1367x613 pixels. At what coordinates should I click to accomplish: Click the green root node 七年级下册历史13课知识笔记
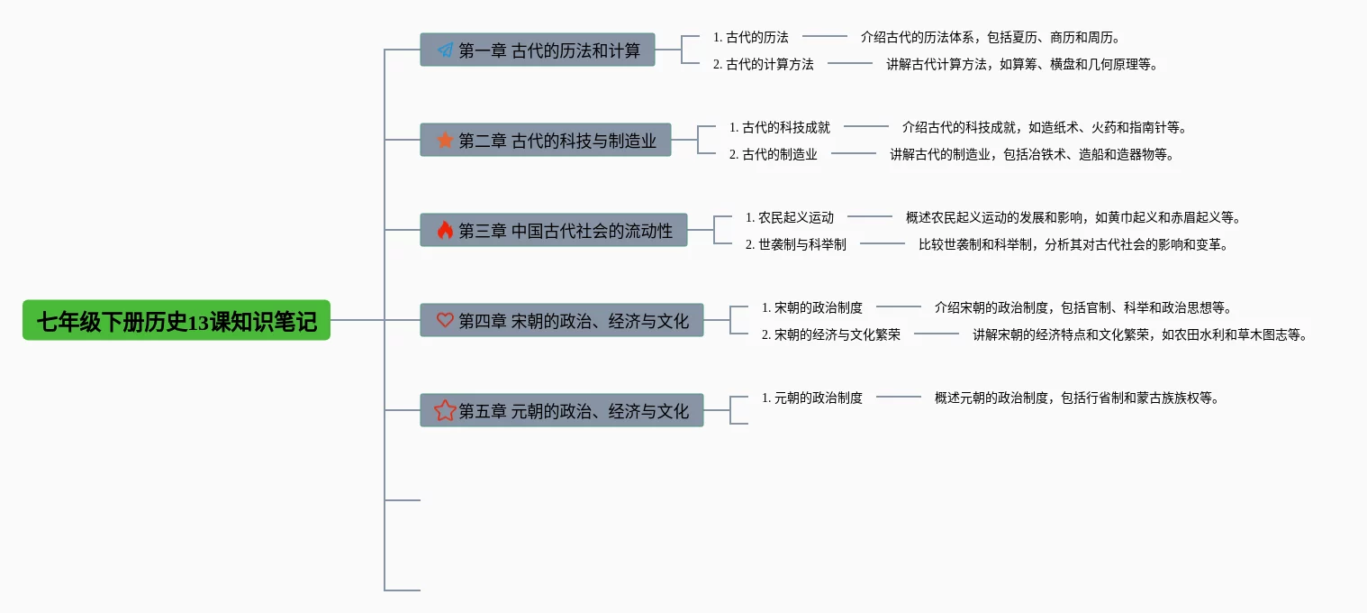tap(177, 320)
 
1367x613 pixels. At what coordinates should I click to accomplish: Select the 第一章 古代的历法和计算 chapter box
tap(538, 50)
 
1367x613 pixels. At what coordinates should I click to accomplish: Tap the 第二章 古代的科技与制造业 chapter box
tap(546, 140)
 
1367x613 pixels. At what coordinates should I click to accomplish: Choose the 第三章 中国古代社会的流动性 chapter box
tap(554, 230)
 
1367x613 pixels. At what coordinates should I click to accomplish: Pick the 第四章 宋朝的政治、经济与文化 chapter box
tap(562, 320)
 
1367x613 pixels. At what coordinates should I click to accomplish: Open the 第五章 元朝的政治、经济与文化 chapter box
tap(562, 410)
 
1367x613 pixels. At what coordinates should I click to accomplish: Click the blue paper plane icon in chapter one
tap(445, 50)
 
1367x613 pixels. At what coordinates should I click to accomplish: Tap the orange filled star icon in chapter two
tap(445, 140)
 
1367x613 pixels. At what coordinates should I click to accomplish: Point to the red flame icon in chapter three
tap(445, 230)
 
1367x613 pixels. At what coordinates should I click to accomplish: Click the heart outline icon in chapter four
tap(445, 320)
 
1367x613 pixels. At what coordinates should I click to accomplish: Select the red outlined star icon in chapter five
tap(445, 410)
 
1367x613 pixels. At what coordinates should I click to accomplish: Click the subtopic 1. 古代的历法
tap(750, 37)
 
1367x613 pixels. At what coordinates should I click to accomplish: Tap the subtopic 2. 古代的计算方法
tap(763, 64)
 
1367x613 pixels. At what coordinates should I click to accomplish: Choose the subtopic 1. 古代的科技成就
tap(779, 127)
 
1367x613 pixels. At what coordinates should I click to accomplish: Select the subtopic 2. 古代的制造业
tap(773, 154)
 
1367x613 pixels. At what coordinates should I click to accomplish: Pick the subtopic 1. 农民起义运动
tap(789, 217)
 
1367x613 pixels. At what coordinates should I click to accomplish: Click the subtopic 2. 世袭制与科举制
tap(795, 244)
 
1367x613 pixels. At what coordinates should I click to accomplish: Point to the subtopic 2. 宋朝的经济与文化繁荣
tap(830, 334)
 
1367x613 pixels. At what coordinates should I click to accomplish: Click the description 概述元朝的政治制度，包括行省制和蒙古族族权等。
tap(1077, 398)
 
